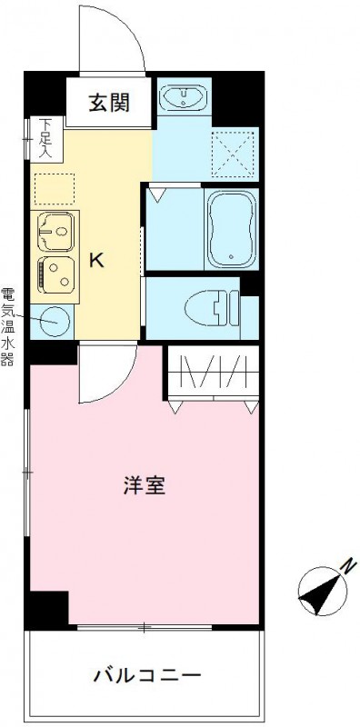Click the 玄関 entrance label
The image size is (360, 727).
click(108, 102)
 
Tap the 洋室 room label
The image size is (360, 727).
click(145, 485)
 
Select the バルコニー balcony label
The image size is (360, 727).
click(145, 676)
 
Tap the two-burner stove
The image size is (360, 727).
click(56, 274)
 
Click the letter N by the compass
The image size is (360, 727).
click(346, 565)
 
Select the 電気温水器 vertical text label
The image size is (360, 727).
click(8, 326)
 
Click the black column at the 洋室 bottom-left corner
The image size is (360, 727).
click(48, 608)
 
